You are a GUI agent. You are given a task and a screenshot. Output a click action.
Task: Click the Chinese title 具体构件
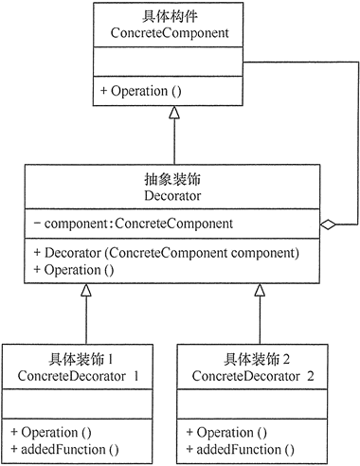point(173,15)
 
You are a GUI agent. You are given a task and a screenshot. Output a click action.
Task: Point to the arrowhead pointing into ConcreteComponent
point(173,114)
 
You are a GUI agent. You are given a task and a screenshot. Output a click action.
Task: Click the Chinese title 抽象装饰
point(175,178)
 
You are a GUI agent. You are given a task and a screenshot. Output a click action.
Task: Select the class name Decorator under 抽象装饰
point(175,195)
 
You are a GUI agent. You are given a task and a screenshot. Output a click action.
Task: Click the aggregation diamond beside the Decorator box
point(327,224)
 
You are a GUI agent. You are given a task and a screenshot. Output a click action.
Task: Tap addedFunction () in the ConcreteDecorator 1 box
point(65,448)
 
